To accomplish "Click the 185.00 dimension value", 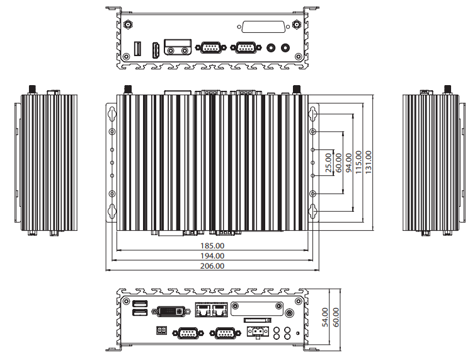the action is point(212,246).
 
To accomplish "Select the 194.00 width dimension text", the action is point(212,256).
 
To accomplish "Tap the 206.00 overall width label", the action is point(212,266).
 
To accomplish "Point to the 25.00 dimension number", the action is point(328,163).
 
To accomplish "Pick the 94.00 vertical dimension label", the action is point(348,163).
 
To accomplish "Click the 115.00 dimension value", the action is point(358,162).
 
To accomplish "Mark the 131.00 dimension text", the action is point(369,162).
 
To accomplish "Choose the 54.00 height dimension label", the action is point(325,317).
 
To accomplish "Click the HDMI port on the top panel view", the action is point(156,50).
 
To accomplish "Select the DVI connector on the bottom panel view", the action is point(171,311).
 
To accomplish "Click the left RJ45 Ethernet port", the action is point(203,310).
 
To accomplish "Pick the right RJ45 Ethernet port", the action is point(220,310).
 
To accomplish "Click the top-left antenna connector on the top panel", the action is point(128,24).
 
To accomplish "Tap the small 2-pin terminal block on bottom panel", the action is point(162,330).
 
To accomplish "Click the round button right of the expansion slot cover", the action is point(290,313).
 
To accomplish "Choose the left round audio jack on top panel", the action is point(271,48).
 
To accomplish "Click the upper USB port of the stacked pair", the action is point(140,303).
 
